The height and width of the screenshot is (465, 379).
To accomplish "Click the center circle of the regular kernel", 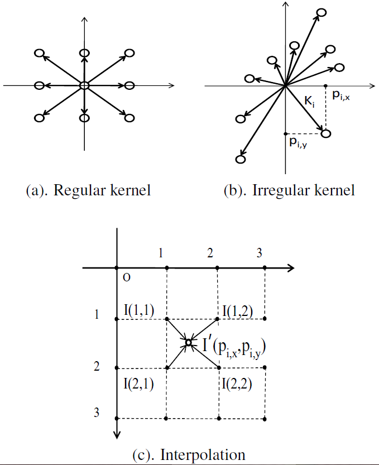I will point(84,85).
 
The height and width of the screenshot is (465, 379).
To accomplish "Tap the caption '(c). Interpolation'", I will point(189,454).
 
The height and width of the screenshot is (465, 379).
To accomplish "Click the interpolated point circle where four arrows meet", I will point(189,343).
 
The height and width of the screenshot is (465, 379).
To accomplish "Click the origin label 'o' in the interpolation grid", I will point(127,277).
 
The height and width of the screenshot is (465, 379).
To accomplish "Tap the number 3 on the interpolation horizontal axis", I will point(259,253).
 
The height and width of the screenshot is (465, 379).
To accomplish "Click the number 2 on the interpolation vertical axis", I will point(97,367).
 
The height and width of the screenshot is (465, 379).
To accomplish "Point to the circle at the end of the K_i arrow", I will point(326,133).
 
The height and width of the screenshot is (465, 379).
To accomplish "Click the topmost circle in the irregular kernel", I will point(321,12).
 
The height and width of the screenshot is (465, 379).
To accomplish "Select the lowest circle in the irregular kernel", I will point(241,160).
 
